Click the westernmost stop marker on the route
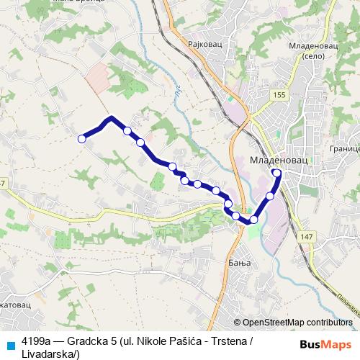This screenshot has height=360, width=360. tap(82, 138)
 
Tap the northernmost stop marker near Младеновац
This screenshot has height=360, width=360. tap(277, 173)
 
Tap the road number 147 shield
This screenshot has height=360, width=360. tap(307, 237)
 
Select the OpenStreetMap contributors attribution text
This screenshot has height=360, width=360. tap(297, 323)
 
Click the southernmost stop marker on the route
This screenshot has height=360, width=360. tap(253, 219)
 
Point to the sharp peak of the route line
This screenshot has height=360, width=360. tap(111, 117)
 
